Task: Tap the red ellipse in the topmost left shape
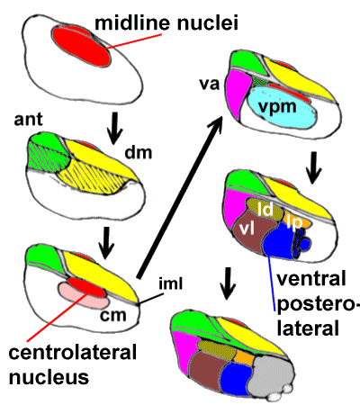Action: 82,44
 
